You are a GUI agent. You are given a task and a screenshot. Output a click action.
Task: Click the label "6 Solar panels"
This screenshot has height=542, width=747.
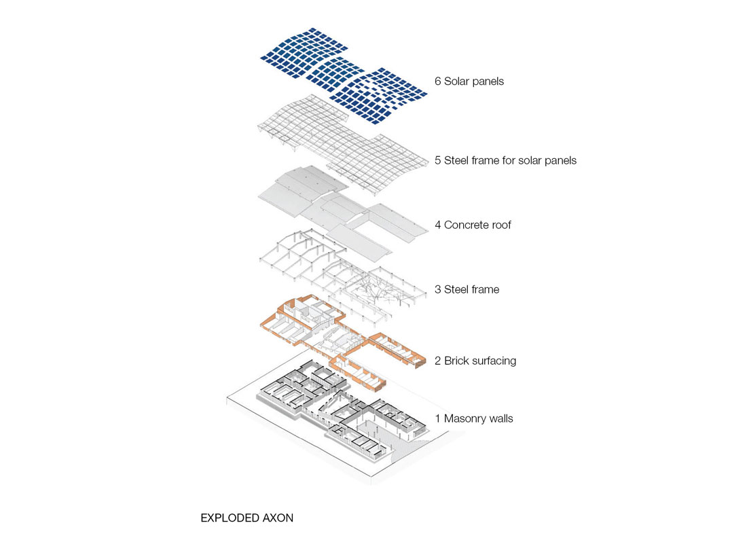pyautogui.click(x=469, y=82)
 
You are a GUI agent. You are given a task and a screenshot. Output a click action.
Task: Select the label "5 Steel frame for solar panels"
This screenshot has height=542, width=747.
pyautogui.click(x=505, y=160)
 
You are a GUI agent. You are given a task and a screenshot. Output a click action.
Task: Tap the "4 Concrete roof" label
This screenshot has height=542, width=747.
pyautogui.click(x=473, y=225)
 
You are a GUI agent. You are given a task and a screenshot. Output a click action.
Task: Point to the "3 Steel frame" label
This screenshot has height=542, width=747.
pyautogui.click(x=467, y=289)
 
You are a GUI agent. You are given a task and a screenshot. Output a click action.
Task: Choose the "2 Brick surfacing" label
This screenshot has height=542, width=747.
pyautogui.click(x=475, y=361)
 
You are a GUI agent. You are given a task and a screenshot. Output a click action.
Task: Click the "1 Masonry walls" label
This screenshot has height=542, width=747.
pyautogui.click(x=474, y=418)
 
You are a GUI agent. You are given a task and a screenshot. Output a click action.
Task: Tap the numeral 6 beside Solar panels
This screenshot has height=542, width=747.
pyautogui.click(x=438, y=82)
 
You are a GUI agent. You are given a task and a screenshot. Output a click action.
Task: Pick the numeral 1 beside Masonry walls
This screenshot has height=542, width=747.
pyautogui.click(x=438, y=418)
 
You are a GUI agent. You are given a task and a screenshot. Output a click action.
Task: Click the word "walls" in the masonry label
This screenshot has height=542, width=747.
pyautogui.click(x=501, y=418)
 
